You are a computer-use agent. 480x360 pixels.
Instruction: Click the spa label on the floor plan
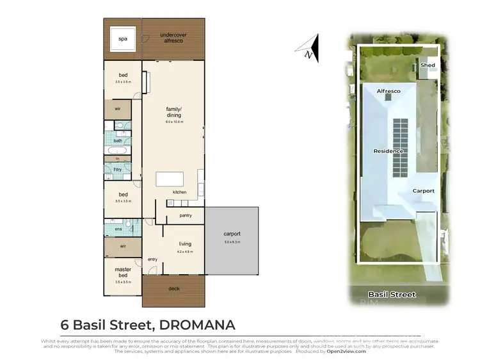click(x=122, y=39)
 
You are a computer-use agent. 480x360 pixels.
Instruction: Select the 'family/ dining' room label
click(x=173, y=113)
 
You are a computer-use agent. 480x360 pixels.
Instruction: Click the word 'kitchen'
click(x=179, y=192)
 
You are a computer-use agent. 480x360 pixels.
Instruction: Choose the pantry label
click(x=186, y=217)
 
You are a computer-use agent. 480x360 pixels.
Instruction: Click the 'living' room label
click(x=184, y=243)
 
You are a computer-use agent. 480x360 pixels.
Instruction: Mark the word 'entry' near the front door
click(x=152, y=259)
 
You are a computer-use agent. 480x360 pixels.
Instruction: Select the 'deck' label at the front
click(x=173, y=288)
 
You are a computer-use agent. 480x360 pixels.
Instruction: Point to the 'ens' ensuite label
click(x=118, y=229)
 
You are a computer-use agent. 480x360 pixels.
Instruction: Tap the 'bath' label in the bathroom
click(x=118, y=141)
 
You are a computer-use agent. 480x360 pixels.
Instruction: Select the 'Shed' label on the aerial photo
click(x=426, y=65)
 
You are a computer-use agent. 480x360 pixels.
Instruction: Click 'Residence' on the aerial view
click(x=388, y=151)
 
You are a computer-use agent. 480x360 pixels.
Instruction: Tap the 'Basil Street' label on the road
click(x=392, y=295)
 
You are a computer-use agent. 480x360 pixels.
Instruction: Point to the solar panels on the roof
click(x=399, y=147)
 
